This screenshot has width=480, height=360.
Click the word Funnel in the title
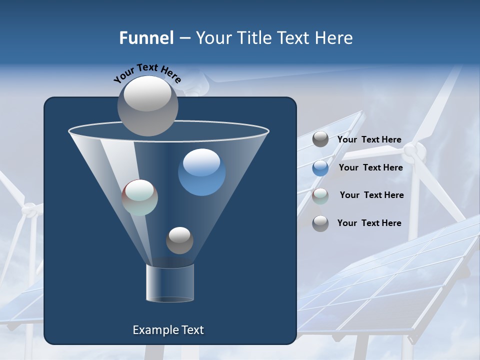pos(146,38)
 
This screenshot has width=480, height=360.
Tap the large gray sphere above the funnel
pos(148,105)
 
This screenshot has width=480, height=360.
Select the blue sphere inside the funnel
pos(202,172)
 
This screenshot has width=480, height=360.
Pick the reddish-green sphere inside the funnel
pos(140,197)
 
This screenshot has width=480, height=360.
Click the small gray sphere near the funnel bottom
pos(179,240)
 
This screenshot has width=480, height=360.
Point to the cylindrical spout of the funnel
pos(170,283)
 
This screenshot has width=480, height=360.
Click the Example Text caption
pos(168,330)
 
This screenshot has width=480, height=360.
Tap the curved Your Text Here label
pos(147,72)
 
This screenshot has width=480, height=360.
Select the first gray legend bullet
pos(320,139)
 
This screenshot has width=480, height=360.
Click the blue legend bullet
pos(320,168)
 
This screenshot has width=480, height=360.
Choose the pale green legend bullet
pos(320,196)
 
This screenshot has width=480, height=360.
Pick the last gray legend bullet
pos(320,223)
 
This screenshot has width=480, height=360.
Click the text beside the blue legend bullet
pos(370,167)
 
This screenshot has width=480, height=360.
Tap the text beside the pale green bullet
pos(371,195)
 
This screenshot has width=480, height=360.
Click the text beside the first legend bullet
pos(369,139)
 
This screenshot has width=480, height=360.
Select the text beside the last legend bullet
pos(369,223)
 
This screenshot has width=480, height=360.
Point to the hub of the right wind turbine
pos(411,150)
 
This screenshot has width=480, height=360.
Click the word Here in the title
pos(334,38)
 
